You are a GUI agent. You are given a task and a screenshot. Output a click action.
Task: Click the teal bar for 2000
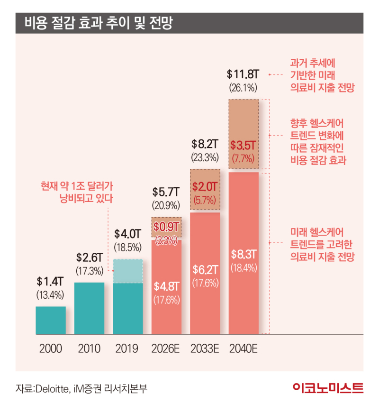[x=51, y=320]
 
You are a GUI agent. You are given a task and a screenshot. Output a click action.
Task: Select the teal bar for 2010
[x=90, y=308]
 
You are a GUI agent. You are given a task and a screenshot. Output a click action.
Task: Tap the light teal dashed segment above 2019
[x=128, y=271]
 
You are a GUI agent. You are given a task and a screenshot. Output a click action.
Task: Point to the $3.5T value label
[x=244, y=145]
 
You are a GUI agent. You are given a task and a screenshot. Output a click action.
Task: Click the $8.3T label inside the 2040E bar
[x=244, y=253]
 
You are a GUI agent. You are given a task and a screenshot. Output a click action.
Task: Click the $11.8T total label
[x=243, y=74]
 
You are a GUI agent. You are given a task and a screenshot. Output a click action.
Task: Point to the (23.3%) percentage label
[x=205, y=156]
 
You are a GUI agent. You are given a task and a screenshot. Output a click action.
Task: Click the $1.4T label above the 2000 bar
[x=50, y=281]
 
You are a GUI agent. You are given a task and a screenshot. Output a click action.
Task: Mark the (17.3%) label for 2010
[x=89, y=271]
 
